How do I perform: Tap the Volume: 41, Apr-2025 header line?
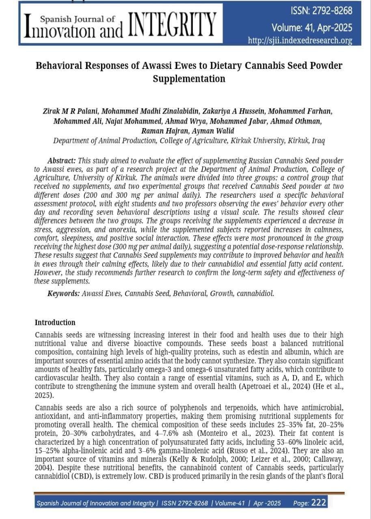[312, 28]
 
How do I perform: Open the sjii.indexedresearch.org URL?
[300, 41]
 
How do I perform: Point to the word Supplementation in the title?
[189, 79]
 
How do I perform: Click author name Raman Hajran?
[162, 131]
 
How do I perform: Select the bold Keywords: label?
[63, 294]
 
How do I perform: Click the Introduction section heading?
[55, 323]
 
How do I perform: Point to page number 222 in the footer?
[319, 503]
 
